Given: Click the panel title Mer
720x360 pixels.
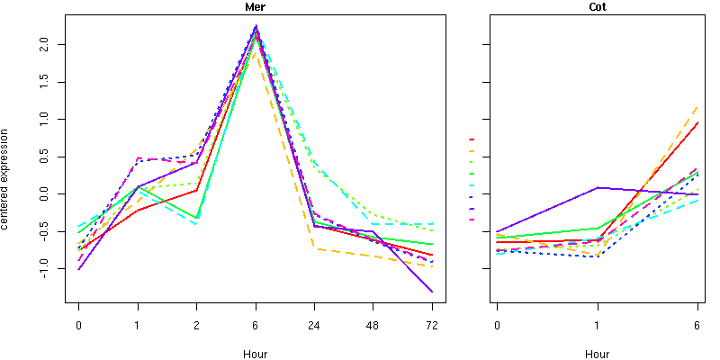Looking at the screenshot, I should coord(255,7).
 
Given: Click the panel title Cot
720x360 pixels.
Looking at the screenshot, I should coord(597,7).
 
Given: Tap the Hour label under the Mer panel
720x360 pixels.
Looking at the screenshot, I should coord(255,354).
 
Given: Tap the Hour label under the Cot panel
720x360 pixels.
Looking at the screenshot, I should coord(597,354).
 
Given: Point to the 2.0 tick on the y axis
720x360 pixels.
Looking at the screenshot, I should coord(55,43).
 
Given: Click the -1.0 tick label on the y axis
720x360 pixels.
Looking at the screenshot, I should coord(55,269).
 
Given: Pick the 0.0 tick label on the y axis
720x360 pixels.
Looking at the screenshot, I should coord(55,193).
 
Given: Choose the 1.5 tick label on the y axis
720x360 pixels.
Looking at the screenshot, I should coord(55,81).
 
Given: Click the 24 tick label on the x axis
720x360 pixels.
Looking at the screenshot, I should coord(314,325).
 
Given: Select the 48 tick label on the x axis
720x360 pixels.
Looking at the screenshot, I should coord(373,325).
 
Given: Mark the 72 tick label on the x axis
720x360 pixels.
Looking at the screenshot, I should coord(432,325).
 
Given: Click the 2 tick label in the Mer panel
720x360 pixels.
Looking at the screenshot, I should coord(196,325).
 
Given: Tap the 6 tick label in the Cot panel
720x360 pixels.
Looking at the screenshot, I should coord(697,325).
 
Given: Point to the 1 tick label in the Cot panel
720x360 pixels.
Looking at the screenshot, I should coord(597,325).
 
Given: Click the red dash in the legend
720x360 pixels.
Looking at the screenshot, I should coord(472,139).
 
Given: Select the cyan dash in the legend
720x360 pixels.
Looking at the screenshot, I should coord(472,185).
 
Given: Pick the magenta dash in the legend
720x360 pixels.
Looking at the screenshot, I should coord(472,220).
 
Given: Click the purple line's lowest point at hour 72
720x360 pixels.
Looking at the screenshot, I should coord(432,292).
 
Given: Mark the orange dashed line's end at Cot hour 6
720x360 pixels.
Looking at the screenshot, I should coord(697,106).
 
